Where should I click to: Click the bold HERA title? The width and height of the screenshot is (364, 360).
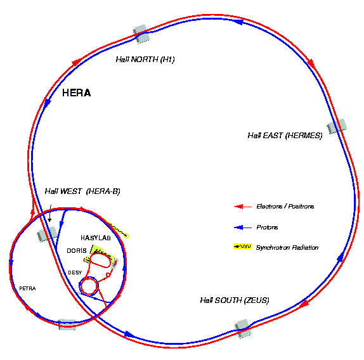pyautogui.click(x=76, y=93)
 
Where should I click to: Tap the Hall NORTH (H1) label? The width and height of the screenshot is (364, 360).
pyautogui.click(x=145, y=60)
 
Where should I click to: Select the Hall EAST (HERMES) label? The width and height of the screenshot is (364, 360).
pyautogui.click(x=285, y=136)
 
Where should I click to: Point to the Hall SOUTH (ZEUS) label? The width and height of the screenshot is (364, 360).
pyautogui.click(x=235, y=300)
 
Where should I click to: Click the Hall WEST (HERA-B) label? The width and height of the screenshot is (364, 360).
pyautogui.click(x=82, y=191)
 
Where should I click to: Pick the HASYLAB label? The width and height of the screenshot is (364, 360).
pyautogui.click(x=96, y=238)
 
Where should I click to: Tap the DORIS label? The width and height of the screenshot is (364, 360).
pyautogui.click(x=77, y=251)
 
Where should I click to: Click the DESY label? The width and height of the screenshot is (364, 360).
pyautogui.click(x=75, y=273)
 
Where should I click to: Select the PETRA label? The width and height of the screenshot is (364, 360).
pyautogui.click(x=27, y=288)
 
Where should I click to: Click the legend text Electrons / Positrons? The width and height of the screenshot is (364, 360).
pyautogui.click(x=285, y=207)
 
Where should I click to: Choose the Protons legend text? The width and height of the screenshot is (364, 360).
pyautogui.click(x=267, y=228)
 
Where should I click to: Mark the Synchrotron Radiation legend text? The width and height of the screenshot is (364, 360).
pyautogui.click(x=287, y=248)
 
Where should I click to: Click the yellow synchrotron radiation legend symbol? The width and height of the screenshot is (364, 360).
pyautogui.click(x=243, y=247)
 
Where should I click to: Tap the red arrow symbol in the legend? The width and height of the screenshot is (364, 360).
pyautogui.click(x=243, y=207)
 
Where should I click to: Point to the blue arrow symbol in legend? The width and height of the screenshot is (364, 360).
pyautogui.click(x=243, y=228)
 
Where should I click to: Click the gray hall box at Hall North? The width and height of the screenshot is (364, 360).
pyautogui.click(x=141, y=34)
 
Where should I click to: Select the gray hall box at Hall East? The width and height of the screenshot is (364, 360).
pyautogui.click(x=337, y=126)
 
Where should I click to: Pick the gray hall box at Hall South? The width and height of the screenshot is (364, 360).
pyautogui.click(x=243, y=329)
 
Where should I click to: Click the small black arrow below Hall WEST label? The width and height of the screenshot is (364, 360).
pyautogui.click(x=49, y=213)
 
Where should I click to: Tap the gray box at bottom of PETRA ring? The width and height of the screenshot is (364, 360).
pyautogui.click(x=67, y=325)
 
